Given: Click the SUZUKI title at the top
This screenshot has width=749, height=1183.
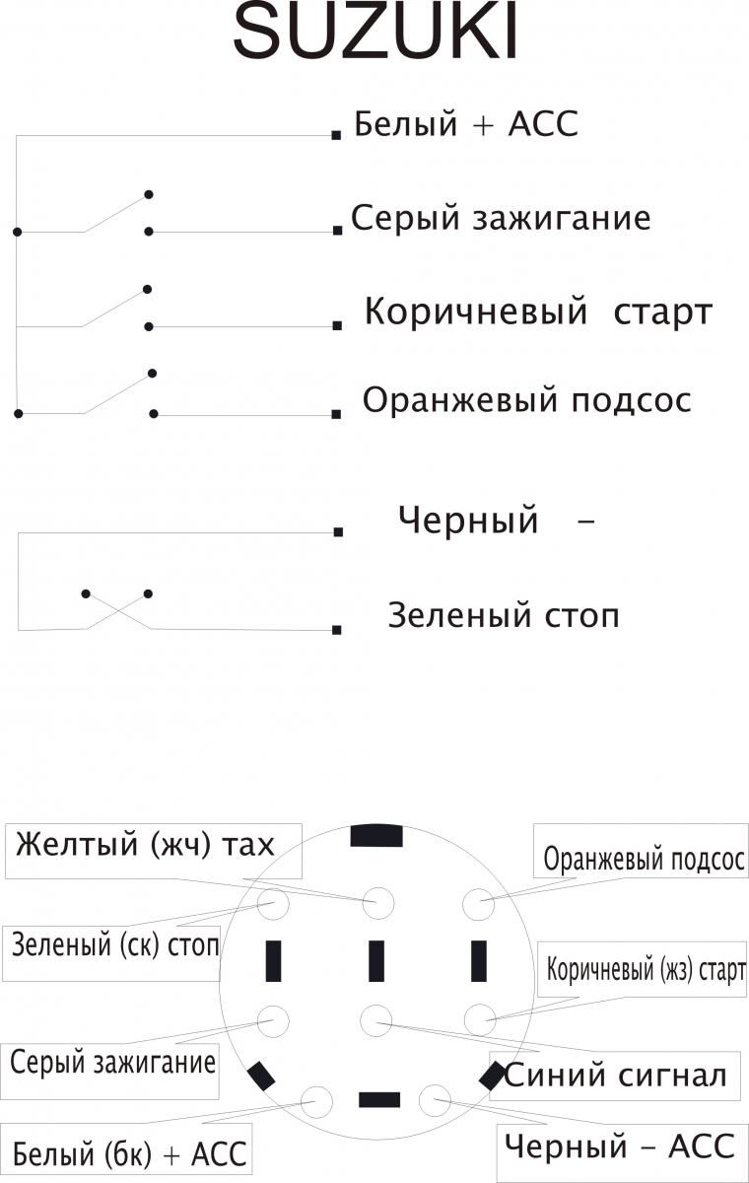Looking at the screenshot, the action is (x=375, y=33).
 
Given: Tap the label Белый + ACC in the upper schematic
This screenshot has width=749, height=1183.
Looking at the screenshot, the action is (x=466, y=124).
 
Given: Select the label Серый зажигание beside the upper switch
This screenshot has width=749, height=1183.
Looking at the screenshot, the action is (x=501, y=218).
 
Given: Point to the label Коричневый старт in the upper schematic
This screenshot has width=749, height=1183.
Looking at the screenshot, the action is (x=538, y=312).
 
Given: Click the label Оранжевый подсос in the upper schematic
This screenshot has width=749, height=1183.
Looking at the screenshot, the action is (x=527, y=400).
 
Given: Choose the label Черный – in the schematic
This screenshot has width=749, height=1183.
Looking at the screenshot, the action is (x=496, y=520).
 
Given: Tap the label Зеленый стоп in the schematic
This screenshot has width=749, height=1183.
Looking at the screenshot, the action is (x=504, y=615).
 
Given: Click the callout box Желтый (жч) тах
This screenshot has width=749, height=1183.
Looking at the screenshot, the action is (x=153, y=851).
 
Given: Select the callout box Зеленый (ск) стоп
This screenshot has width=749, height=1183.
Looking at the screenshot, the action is (x=111, y=953).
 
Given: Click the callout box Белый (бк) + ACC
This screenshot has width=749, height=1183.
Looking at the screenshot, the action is (x=125, y=1154).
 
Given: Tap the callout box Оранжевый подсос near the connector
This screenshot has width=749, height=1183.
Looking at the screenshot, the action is (x=641, y=850).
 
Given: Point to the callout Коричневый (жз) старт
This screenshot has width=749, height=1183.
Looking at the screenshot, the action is (x=643, y=968).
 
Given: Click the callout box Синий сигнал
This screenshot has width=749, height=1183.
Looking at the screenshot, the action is (x=614, y=1077).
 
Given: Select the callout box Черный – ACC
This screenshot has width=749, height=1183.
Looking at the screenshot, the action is (x=623, y=1153).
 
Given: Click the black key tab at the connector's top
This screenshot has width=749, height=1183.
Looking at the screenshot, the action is (x=376, y=836).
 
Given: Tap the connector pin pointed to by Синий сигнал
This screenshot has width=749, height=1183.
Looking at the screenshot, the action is (x=376, y=1020).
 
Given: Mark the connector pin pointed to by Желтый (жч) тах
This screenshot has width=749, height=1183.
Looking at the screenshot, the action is (x=377, y=903).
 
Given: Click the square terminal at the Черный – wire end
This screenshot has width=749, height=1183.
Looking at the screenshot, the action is (x=338, y=531).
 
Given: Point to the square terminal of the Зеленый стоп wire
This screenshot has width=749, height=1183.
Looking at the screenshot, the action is (x=337, y=630).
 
